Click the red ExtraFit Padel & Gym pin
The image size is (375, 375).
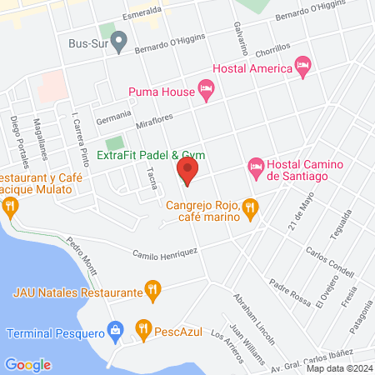pos(187,172)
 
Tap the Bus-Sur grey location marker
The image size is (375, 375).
pos(119,38)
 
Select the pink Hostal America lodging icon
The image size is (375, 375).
pos(303,64)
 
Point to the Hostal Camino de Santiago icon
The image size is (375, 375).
pos(257,168)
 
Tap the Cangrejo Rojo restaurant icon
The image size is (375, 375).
pos(249,211)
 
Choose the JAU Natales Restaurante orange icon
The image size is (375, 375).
pos(152,291)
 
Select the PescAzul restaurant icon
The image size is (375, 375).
pos(143,330)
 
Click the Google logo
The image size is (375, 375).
pos(27,364)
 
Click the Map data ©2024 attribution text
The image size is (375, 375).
pos(338,367)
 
